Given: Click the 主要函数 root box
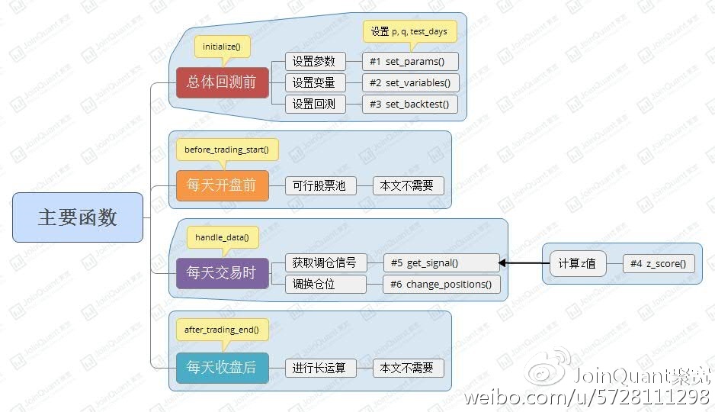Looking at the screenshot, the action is [x=78, y=217].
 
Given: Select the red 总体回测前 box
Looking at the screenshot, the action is [x=222, y=82].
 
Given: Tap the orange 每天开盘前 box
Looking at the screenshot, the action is [x=222, y=185].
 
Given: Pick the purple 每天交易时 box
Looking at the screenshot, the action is [x=222, y=272].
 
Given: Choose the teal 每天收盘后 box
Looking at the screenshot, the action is [x=222, y=368].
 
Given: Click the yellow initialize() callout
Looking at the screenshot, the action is [x=222, y=47].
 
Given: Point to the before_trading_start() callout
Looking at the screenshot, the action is [x=227, y=150].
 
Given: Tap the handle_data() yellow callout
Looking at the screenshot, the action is [x=223, y=237].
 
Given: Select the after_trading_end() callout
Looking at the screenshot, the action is [x=222, y=330].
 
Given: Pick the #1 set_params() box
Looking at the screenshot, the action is [x=410, y=61].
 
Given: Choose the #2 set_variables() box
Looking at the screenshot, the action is [x=410, y=82].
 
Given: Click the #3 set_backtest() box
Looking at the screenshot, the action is [x=410, y=104].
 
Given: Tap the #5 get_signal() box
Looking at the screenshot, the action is [x=441, y=262].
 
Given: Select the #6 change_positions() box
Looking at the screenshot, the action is [x=441, y=284].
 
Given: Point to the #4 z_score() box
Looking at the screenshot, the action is [x=658, y=264].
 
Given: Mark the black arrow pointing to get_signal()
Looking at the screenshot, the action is [x=524, y=263].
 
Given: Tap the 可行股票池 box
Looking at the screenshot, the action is [x=320, y=185].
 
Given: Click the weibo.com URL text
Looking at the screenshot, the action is [x=586, y=397].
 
